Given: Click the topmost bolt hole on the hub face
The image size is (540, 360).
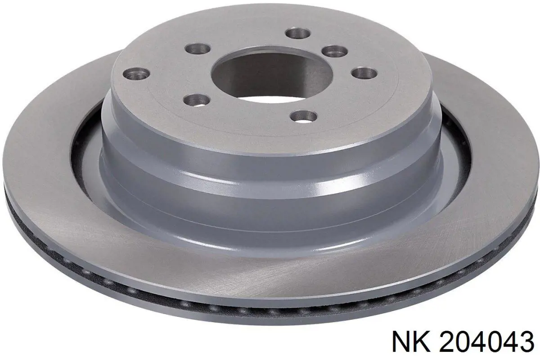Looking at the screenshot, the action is pos(297,33).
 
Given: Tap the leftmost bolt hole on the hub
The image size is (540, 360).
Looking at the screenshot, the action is pos(136,73).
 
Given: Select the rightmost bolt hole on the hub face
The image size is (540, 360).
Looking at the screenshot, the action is pos(364,73).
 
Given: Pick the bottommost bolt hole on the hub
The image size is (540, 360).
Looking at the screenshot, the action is pos(303,116).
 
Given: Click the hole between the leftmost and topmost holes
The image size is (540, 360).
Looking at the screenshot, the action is pos(198,49).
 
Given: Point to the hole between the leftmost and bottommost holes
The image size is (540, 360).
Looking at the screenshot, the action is pos(196,100).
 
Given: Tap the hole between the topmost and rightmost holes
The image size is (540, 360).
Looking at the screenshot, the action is pos(335,51).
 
